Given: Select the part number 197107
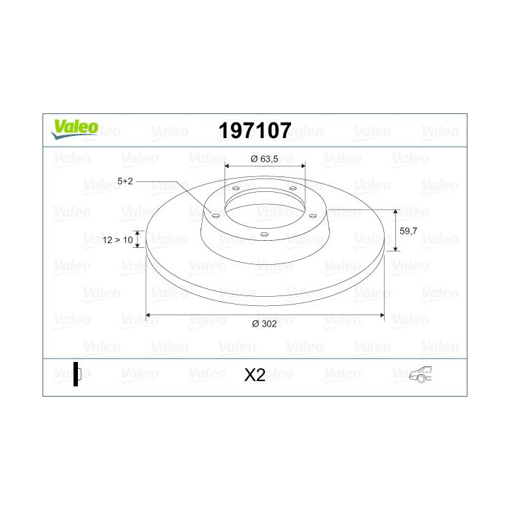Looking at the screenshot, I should tap(254, 130).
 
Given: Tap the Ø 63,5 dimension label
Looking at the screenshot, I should tap(265, 159).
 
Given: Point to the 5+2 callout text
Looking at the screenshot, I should tap(125, 181).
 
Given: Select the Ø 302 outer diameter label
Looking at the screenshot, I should tap(263, 324).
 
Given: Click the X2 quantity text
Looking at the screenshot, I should tap(254, 375).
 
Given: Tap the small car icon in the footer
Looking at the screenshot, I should tap(421, 375).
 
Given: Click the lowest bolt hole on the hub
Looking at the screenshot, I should tap(263, 234).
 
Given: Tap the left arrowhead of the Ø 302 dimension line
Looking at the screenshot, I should tap(149, 314).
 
